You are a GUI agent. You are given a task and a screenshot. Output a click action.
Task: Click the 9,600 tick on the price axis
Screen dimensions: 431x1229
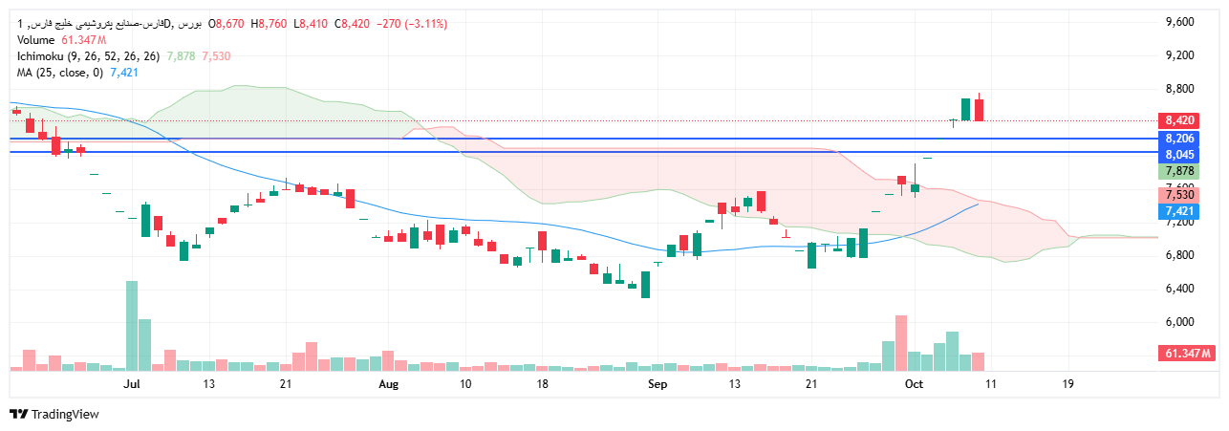[1179, 21]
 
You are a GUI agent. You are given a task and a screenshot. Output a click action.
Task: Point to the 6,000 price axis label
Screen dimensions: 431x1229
[1179, 322]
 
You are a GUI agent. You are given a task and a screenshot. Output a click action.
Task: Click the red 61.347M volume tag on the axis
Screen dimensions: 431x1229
[1188, 354]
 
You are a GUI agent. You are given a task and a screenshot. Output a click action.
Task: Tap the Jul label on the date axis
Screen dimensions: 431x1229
[132, 384]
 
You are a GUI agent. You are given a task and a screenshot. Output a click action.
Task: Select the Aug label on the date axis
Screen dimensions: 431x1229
[387, 384]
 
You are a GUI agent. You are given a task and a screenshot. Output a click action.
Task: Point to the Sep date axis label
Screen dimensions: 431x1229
[658, 384]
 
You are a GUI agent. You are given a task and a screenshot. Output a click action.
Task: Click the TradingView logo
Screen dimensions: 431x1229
[54, 414]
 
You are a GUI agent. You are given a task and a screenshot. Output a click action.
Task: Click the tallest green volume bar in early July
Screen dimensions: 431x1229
[132, 325]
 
